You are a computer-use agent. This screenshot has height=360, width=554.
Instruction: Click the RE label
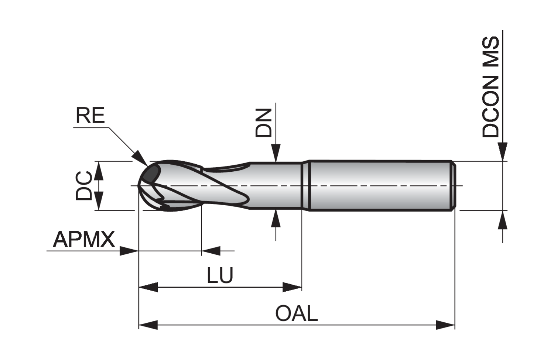point(90,116)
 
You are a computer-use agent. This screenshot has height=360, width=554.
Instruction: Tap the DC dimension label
point(84,186)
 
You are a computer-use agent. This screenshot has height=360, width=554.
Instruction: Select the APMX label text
point(84,240)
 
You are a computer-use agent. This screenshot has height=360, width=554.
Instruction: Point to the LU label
point(220,275)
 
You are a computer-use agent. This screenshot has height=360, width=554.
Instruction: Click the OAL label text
point(296,314)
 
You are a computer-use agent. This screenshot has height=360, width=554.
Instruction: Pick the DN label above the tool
point(263,123)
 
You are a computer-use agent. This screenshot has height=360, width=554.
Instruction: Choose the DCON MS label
point(491,87)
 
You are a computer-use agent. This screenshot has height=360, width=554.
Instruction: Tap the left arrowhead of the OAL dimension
point(148,325)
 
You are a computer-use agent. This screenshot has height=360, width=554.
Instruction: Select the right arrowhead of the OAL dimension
point(445,325)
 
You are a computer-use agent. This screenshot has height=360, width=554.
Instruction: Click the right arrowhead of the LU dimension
point(293,287)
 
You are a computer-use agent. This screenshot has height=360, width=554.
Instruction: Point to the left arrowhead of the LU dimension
point(148,287)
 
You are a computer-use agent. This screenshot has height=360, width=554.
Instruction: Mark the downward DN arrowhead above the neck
point(276,154)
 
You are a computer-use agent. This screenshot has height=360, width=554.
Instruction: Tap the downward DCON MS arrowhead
point(502,152)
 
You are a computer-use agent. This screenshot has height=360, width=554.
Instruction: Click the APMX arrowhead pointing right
point(129,251)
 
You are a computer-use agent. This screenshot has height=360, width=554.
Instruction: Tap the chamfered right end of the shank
point(453,186)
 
